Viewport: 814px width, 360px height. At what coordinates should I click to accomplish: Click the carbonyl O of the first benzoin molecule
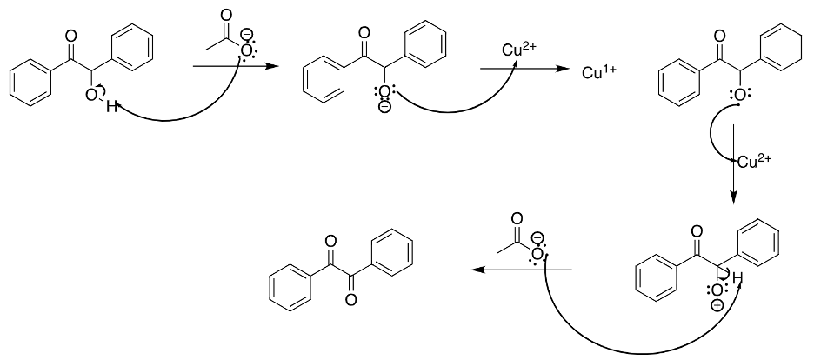click(71, 36)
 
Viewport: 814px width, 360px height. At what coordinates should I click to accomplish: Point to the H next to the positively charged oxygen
click(737, 278)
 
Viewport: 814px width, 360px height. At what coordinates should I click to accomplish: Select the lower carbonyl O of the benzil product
click(351, 300)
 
